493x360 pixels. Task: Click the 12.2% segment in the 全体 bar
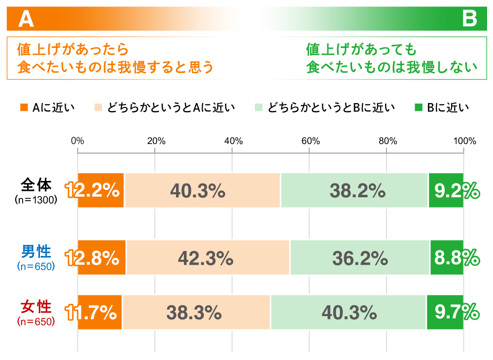pyautogui.click(x=101, y=190)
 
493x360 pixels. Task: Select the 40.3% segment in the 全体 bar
pyautogui.click(x=202, y=190)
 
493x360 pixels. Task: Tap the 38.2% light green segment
pyautogui.click(x=354, y=190)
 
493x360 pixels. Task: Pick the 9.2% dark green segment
pyautogui.click(x=446, y=190)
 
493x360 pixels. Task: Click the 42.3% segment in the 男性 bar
pyautogui.click(x=208, y=257)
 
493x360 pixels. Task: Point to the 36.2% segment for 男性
pyautogui.click(x=360, y=257)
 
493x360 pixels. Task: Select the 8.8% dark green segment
pyautogui.click(x=447, y=257)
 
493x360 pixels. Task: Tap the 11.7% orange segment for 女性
pyautogui.click(x=100, y=312)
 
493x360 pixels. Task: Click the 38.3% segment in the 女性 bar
pyautogui.click(x=196, y=312)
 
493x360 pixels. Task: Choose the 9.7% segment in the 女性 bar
pyautogui.click(x=445, y=312)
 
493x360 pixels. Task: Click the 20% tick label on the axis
pyautogui.click(x=156, y=141)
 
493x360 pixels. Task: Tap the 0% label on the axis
pyautogui.click(x=78, y=141)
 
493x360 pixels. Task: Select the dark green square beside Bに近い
pyautogui.click(x=419, y=107)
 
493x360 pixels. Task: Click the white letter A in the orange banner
pyautogui.click(x=25, y=19)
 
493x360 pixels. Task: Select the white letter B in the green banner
pyautogui.click(x=470, y=19)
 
